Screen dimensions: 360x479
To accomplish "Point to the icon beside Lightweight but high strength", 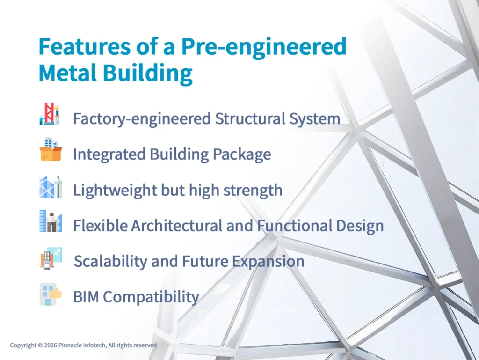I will [x=51, y=187].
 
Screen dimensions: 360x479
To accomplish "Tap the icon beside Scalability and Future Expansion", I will [x=51, y=258].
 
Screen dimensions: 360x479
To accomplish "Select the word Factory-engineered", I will [x=142, y=119].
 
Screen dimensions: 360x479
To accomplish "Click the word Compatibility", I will [x=151, y=297].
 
